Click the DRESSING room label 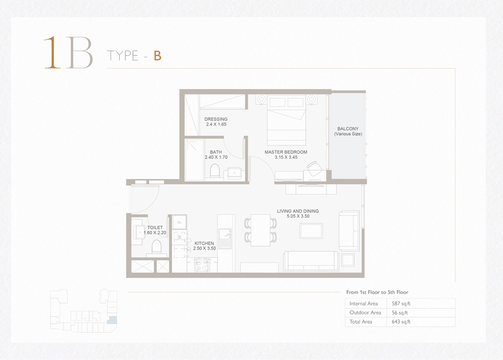tap(216, 119)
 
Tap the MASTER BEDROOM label tap(286, 152)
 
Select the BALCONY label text tap(348, 129)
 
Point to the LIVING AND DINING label tap(298, 211)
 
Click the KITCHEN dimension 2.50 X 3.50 tap(204, 248)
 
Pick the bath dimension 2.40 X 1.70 tap(216, 157)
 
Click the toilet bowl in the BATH tap(214, 170)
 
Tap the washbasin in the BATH tap(235, 173)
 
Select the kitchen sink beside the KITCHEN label tap(225, 238)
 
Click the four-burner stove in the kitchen tap(202, 265)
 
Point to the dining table tap(260, 230)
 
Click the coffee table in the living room tap(311, 231)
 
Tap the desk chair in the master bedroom tap(314, 168)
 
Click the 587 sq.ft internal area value tap(401, 303)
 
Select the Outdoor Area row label tap(365, 313)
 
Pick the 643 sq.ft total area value tap(401, 322)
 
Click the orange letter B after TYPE tap(157, 56)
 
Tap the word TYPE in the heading tap(123, 56)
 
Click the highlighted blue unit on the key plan tap(112, 320)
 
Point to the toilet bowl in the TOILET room tap(156, 247)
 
